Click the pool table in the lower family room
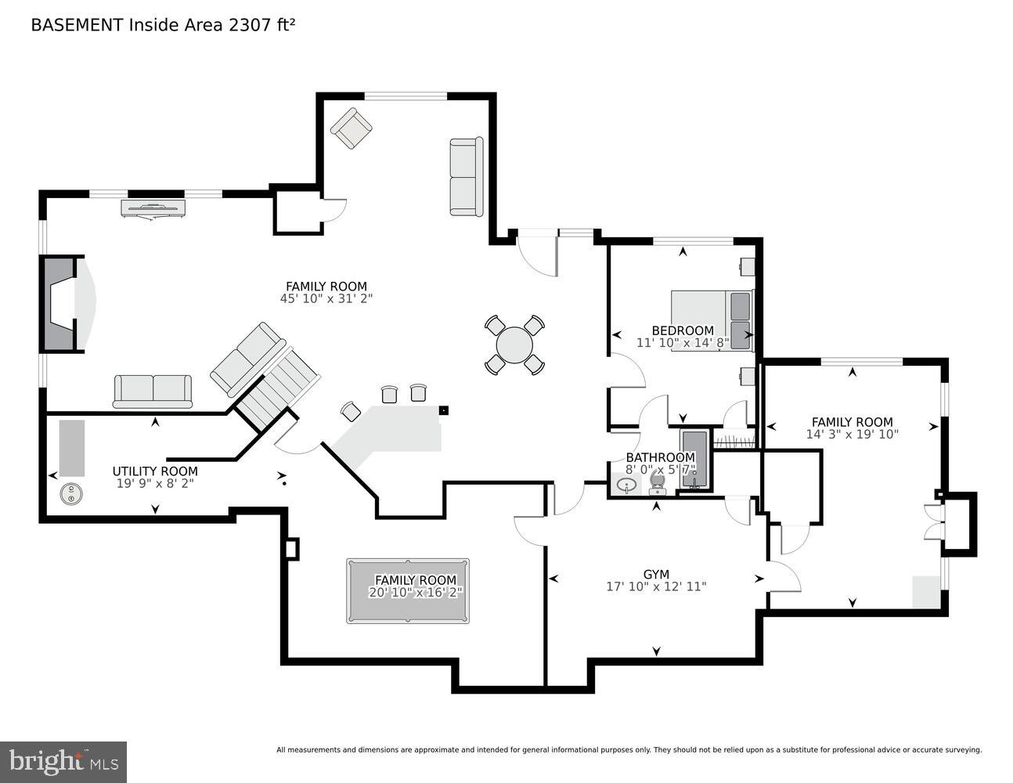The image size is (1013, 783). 408,591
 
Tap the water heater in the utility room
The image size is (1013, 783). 72,493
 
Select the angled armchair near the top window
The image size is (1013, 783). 351,128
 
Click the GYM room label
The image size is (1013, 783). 656,574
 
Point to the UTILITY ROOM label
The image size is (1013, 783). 155,471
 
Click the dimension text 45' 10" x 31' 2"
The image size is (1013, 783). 326,298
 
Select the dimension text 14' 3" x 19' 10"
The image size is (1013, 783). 852,434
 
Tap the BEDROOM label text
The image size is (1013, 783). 683,330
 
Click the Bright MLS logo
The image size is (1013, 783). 63,761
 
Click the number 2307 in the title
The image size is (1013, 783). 247,25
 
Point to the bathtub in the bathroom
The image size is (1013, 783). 694,460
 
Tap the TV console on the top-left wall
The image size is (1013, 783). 153,207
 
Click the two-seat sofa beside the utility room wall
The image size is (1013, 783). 153,391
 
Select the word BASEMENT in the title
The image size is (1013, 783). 77,25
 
